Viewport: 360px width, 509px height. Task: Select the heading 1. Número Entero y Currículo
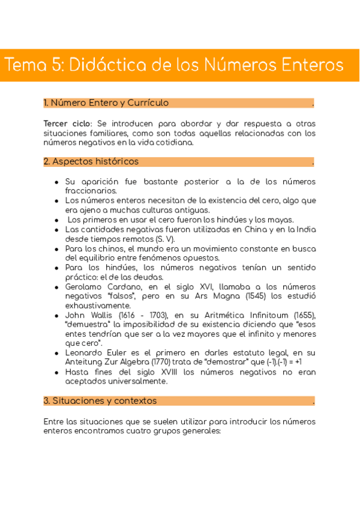point(106,103)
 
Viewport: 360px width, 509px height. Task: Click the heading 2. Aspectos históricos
point(91,161)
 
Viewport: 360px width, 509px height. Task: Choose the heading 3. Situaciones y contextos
point(100,400)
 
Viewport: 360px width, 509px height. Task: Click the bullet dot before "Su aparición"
point(56,182)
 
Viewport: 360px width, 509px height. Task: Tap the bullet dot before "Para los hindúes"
point(56,268)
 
